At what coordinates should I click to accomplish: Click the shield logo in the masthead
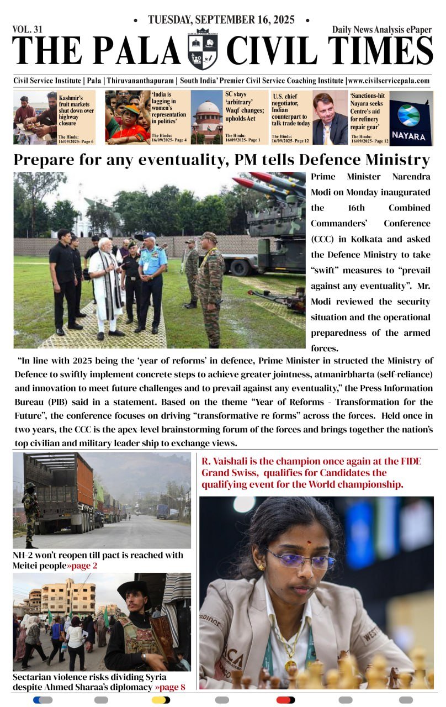tap(203, 50)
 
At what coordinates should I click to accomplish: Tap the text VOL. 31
tap(27, 30)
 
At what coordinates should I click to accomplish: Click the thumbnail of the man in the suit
tap(330, 118)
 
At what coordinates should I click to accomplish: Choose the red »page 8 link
tap(170, 687)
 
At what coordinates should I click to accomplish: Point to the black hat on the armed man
tap(134, 588)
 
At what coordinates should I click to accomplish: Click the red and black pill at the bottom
tap(285, 700)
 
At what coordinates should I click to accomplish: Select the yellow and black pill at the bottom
tap(161, 700)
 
